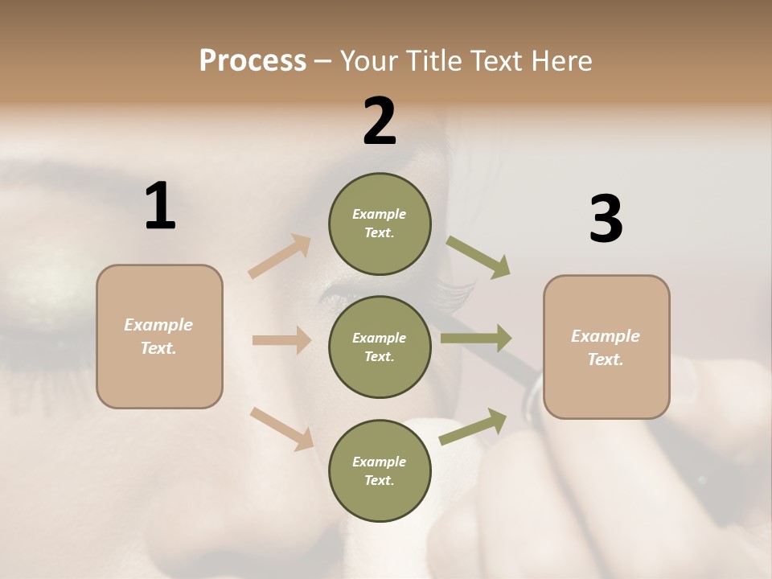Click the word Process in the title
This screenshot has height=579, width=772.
click(x=253, y=61)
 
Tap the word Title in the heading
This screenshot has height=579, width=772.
click(x=433, y=61)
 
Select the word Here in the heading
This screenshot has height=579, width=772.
click(x=561, y=61)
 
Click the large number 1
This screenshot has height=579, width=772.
click(x=160, y=207)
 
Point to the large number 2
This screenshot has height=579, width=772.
click(x=380, y=121)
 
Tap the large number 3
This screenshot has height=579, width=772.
click(x=606, y=219)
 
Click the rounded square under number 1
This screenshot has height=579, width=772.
click(x=159, y=336)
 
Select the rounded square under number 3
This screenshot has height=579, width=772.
click(x=606, y=347)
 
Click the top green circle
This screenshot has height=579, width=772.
click(x=380, y=224)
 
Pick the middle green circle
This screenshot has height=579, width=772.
click(x=380, y=347)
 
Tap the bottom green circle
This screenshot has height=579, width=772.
click(x=380, y=471)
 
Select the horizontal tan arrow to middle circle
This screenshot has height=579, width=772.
click(x=281, y=340)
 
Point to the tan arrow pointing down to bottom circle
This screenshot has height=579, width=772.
click(x=282, y=429)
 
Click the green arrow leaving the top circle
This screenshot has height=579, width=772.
click(x=478, y=257)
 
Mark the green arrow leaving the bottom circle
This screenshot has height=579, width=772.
click(x=473, y=427)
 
